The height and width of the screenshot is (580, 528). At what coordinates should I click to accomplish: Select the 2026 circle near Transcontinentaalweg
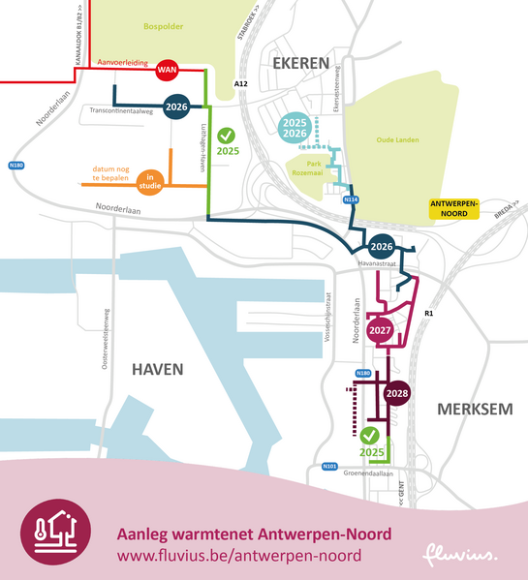click(x=176, y=107)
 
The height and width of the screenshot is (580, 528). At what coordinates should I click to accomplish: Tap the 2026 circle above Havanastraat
click(x=381, y=247)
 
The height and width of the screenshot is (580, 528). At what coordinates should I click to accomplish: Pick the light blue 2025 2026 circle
click(x=296, y=130)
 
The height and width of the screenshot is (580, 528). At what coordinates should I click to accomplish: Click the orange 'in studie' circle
click(x=150, y=180)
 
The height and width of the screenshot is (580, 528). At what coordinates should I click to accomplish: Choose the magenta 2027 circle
click(x=380, y=330)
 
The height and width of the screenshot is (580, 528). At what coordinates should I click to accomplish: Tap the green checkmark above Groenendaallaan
click(x=372, y=435)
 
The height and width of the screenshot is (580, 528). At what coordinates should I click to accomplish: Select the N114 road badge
click(x=351, y=199)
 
